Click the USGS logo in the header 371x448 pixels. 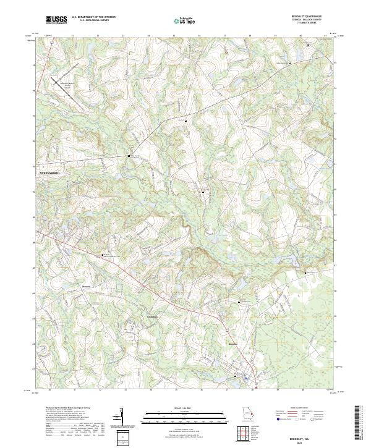[x=56, y=20]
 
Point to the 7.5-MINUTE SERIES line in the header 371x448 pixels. [x=312, y=23]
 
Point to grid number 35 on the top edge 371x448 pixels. [x=174, y=36]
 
